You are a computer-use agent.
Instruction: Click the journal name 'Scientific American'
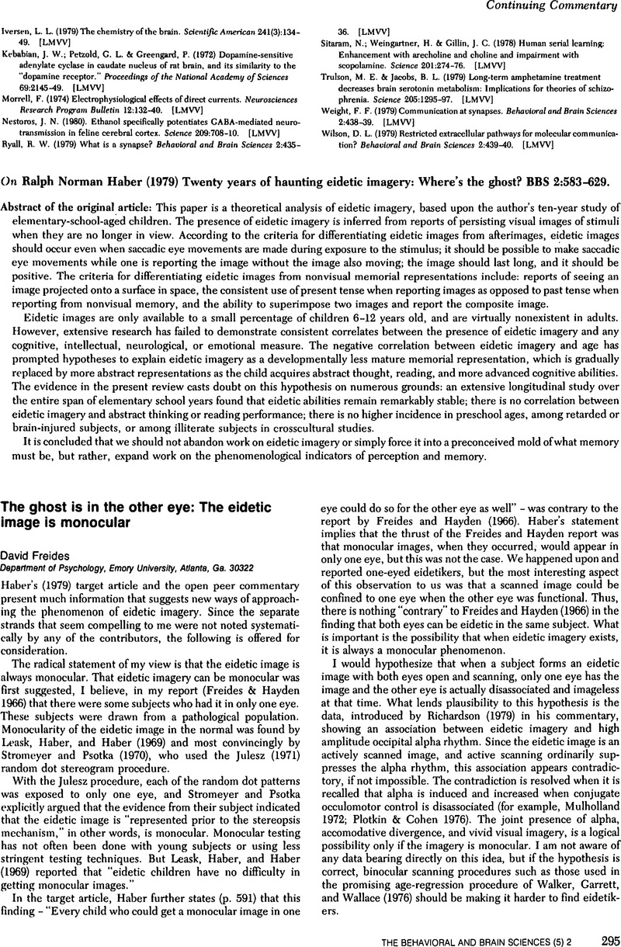click(x=211, y=33)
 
